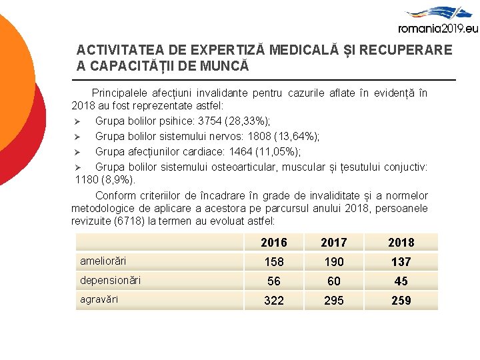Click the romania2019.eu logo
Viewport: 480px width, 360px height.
point(437,20)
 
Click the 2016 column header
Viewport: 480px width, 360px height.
point(274,243)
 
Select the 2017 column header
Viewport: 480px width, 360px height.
point(334,243)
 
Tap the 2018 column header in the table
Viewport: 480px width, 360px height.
point(401,243)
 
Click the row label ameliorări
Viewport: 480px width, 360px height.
point(103,261)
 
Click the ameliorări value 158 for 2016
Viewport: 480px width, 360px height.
point(274,262)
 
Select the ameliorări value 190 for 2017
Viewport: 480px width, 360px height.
point(334,262)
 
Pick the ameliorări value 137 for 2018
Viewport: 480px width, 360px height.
point(401,262)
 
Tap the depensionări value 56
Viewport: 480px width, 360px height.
point(274,281)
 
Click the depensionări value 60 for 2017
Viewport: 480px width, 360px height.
point(334,281)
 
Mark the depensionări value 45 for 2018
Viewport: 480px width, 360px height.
point(401,281)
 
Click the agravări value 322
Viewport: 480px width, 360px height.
point(274,301)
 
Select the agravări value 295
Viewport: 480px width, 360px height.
point(334,301)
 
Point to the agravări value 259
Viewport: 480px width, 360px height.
point(401,301)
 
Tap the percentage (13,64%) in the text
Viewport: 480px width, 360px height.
point(295,137)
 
